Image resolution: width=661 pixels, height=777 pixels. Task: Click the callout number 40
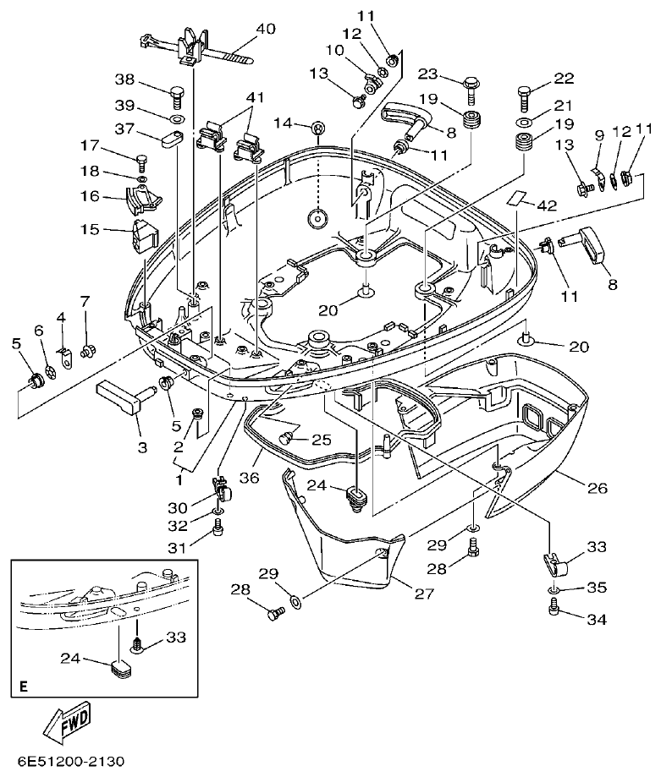[265, 29]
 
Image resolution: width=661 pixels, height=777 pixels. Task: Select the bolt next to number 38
[177, 94]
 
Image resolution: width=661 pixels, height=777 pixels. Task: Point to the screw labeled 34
[555, 606]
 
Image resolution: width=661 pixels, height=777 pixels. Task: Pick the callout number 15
[89, 229]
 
